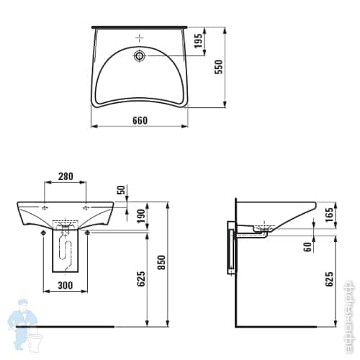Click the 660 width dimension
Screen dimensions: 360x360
pyautogui.click(x=140, y=120)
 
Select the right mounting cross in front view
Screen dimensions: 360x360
pyautogui.click(x=88, y=207)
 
